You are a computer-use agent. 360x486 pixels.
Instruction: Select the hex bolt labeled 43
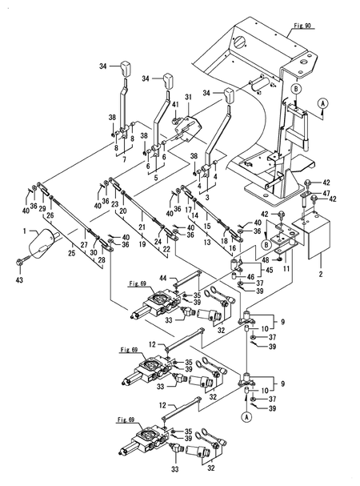21,262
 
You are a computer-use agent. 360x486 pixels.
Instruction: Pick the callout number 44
162,277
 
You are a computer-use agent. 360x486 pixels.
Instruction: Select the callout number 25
74,252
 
